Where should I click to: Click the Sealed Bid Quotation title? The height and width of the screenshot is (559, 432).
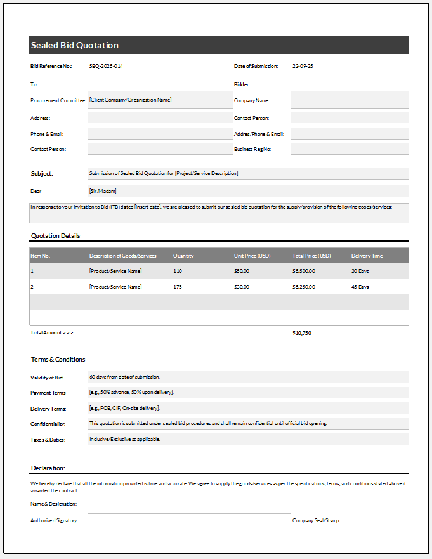point(74,45)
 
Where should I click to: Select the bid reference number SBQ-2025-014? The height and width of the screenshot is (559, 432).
point(106,66)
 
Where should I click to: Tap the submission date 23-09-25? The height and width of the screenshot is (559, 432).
point(303,66)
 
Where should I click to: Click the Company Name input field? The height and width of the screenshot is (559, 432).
point(350,100)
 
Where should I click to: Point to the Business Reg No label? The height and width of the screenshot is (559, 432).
point(252,149)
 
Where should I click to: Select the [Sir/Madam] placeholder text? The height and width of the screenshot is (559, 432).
point(103,191)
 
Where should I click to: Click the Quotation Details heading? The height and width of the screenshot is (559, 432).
point(56,236)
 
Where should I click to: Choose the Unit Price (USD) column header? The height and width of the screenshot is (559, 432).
point(252,256)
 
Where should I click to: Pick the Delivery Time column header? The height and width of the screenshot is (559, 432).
point(367,256)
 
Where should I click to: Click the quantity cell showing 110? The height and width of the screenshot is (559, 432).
point(178,271)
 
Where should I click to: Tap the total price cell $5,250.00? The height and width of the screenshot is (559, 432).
point(303,287)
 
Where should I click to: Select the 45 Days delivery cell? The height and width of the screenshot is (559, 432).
point(360,287)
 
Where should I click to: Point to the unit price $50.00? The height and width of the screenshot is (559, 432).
point(242,271)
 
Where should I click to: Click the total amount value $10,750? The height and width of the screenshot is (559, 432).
point(302,332)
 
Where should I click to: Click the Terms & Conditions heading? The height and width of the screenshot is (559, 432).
point(58,360)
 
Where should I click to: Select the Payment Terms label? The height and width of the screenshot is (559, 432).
point(48,393)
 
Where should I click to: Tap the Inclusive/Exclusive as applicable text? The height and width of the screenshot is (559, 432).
point(125,439)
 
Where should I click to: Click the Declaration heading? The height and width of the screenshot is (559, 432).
point(48,468)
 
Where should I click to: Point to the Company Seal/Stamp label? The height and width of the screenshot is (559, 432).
point(315,520)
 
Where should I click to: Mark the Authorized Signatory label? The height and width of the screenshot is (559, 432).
point(55,520)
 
